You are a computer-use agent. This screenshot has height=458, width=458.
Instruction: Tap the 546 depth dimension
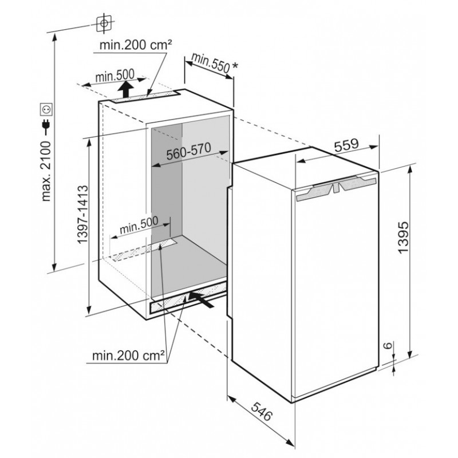(262, 411)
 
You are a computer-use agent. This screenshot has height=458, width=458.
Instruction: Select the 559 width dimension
(346, 145)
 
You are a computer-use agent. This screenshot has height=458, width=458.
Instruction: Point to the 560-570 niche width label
(189, 151)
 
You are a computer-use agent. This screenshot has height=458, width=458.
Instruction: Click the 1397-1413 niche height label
(82, 215)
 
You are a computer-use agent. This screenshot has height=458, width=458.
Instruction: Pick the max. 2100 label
(46, 171)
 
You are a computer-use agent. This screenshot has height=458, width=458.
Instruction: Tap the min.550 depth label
(210, 63)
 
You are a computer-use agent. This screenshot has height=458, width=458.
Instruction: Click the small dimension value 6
(388, 346)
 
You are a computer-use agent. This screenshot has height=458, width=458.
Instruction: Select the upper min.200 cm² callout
(136, 45)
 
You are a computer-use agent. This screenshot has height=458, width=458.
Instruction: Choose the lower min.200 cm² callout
(128, 356)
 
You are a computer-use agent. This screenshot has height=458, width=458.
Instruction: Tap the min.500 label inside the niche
(139, 224)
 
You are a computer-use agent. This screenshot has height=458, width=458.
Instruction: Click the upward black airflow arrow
(126, 89)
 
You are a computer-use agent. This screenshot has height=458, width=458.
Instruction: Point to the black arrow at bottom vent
(201, 299)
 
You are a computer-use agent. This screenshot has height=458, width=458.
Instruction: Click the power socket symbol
(46, 109)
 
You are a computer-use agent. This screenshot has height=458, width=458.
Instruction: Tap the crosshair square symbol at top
(104, 23)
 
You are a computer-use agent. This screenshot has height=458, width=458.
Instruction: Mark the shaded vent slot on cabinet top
(145, 96)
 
